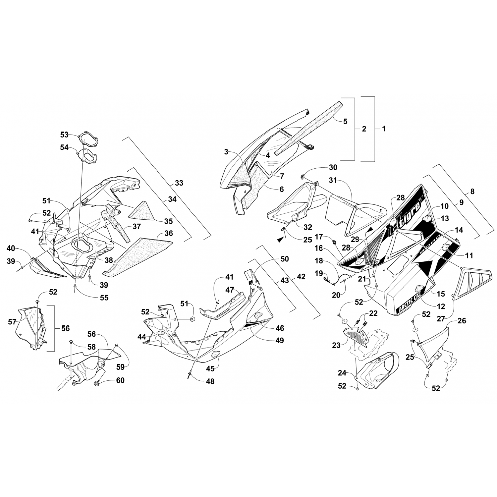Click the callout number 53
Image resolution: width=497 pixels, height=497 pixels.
pos(64,135)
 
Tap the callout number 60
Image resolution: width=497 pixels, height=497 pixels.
pos(120,380)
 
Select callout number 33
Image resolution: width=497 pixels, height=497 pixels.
pos(179,183)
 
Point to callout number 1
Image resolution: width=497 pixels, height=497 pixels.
pos(384,129)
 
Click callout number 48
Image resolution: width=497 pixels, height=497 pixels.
pos(210,381)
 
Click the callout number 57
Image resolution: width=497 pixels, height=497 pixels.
pos(12,322)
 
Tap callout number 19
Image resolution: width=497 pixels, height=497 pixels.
pos(319,273)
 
